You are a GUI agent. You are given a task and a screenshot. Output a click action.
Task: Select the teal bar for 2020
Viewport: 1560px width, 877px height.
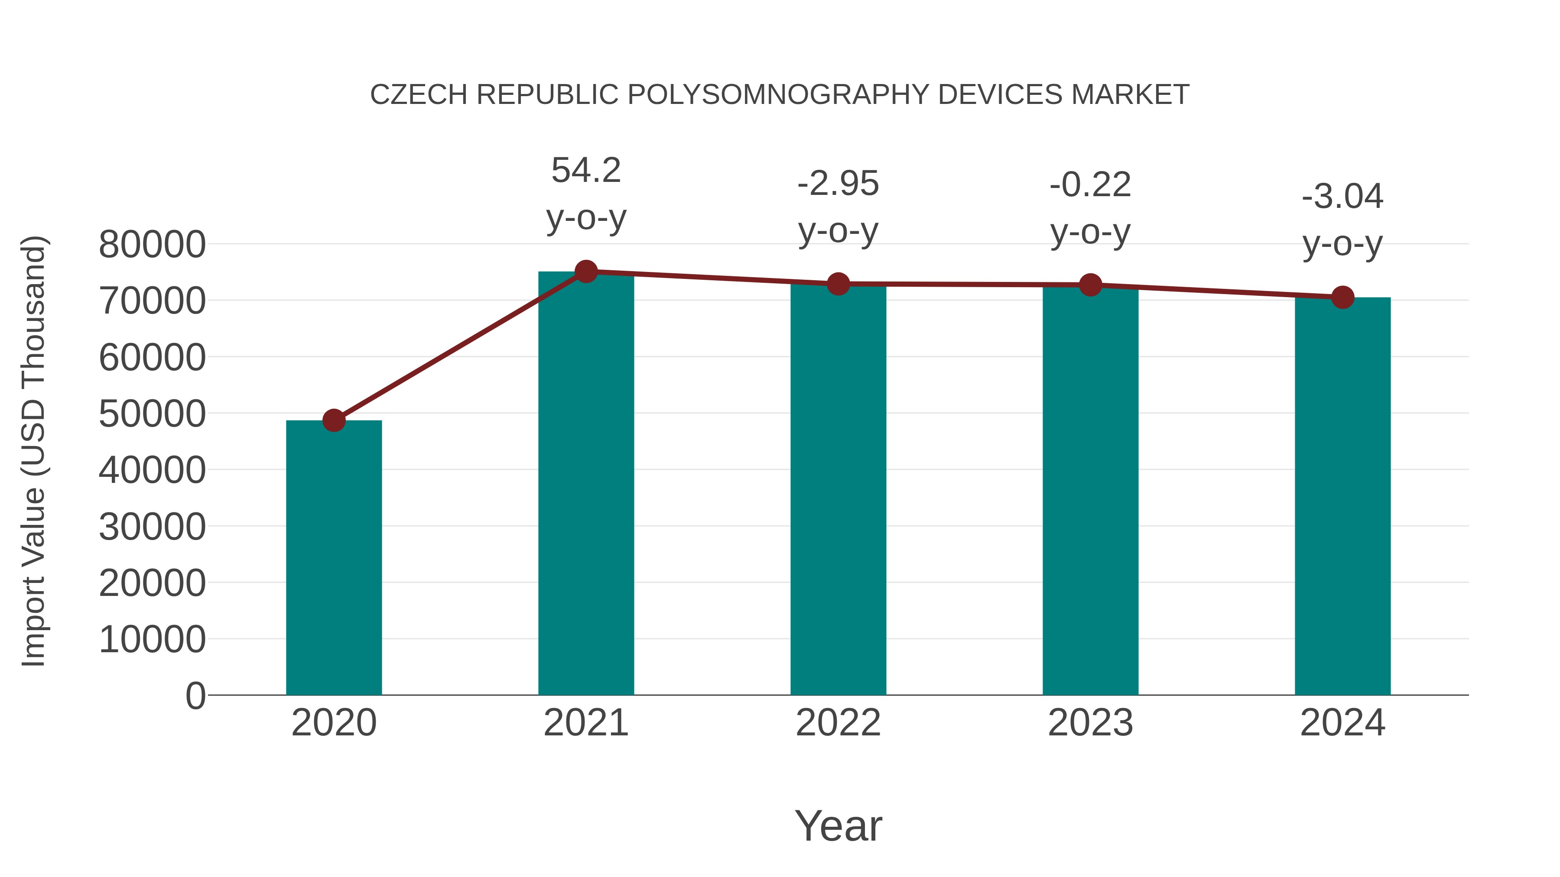334,557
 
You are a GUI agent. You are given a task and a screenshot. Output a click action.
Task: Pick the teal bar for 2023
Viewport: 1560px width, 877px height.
1090,490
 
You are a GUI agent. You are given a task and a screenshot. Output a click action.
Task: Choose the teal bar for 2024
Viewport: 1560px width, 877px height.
1342,496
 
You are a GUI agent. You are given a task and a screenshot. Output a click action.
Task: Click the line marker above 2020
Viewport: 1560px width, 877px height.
334,420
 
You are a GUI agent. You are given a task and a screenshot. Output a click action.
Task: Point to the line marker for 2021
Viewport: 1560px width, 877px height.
585,272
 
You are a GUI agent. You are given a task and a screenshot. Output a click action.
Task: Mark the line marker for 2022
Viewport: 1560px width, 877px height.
838,284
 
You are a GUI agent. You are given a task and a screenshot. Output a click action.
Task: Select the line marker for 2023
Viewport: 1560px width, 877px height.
1090,285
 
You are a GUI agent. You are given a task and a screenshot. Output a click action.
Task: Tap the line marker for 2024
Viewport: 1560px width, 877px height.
1342,297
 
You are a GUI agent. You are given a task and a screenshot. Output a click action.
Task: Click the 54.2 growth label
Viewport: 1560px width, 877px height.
585,170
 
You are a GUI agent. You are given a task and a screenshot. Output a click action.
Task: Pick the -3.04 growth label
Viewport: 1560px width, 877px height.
1342,197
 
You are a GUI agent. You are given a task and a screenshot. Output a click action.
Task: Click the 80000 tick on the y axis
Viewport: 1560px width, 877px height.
152,245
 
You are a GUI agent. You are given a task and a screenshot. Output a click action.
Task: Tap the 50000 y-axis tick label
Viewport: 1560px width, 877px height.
152,414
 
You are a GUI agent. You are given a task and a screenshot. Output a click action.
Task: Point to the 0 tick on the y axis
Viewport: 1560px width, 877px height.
195,696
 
